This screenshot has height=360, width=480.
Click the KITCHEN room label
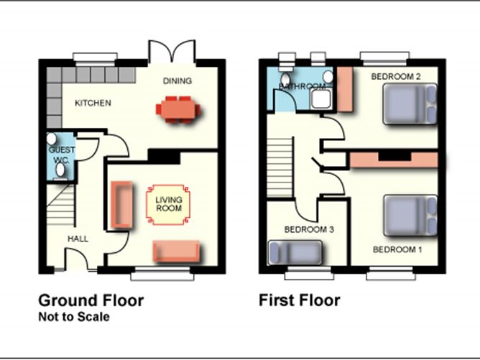93,103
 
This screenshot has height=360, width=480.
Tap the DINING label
177,80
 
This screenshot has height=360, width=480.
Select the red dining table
178,109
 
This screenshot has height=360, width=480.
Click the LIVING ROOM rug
168,205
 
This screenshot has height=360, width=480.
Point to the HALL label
78,239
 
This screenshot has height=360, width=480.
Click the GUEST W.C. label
62,154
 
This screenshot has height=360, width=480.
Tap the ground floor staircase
61,205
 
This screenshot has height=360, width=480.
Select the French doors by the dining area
172,51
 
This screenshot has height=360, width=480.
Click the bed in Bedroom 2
410,104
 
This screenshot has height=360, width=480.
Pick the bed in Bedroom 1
410,216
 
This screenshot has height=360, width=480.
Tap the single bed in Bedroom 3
295,252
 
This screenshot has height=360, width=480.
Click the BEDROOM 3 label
309,229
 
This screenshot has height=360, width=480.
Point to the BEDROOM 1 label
397,249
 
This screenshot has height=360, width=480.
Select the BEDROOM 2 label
396,76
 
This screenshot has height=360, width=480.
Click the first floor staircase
280,167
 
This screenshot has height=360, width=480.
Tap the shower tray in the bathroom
320,99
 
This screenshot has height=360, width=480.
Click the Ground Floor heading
91,300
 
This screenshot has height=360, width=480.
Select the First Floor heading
300,300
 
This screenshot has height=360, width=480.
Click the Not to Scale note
74,317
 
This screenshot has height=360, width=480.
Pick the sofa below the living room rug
177,251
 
